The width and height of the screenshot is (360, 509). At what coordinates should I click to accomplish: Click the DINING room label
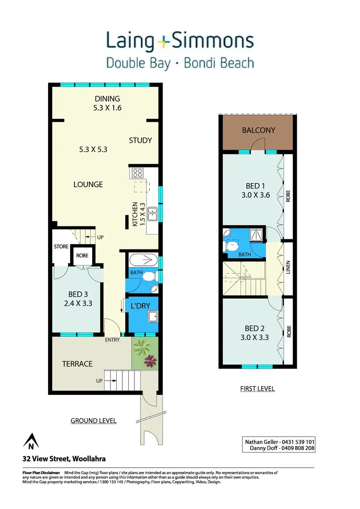(x=108, y=99)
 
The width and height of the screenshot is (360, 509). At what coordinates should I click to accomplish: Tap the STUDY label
(x=140, y=140)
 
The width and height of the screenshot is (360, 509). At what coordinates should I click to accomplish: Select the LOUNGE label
(x=88, y=184)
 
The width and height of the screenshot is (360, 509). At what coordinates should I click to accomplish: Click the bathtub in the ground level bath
(x=143, y=260)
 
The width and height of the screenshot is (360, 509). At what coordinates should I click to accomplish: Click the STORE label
(x=61, y=247)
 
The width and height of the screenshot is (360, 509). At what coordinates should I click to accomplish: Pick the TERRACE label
(x=77, y=364)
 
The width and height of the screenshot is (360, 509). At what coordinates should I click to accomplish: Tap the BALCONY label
(x=258, y=130)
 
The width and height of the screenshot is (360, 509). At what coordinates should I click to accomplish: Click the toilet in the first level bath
(x=233, y=246)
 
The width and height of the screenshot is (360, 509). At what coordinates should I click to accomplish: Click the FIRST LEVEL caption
(x=257, y=389)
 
